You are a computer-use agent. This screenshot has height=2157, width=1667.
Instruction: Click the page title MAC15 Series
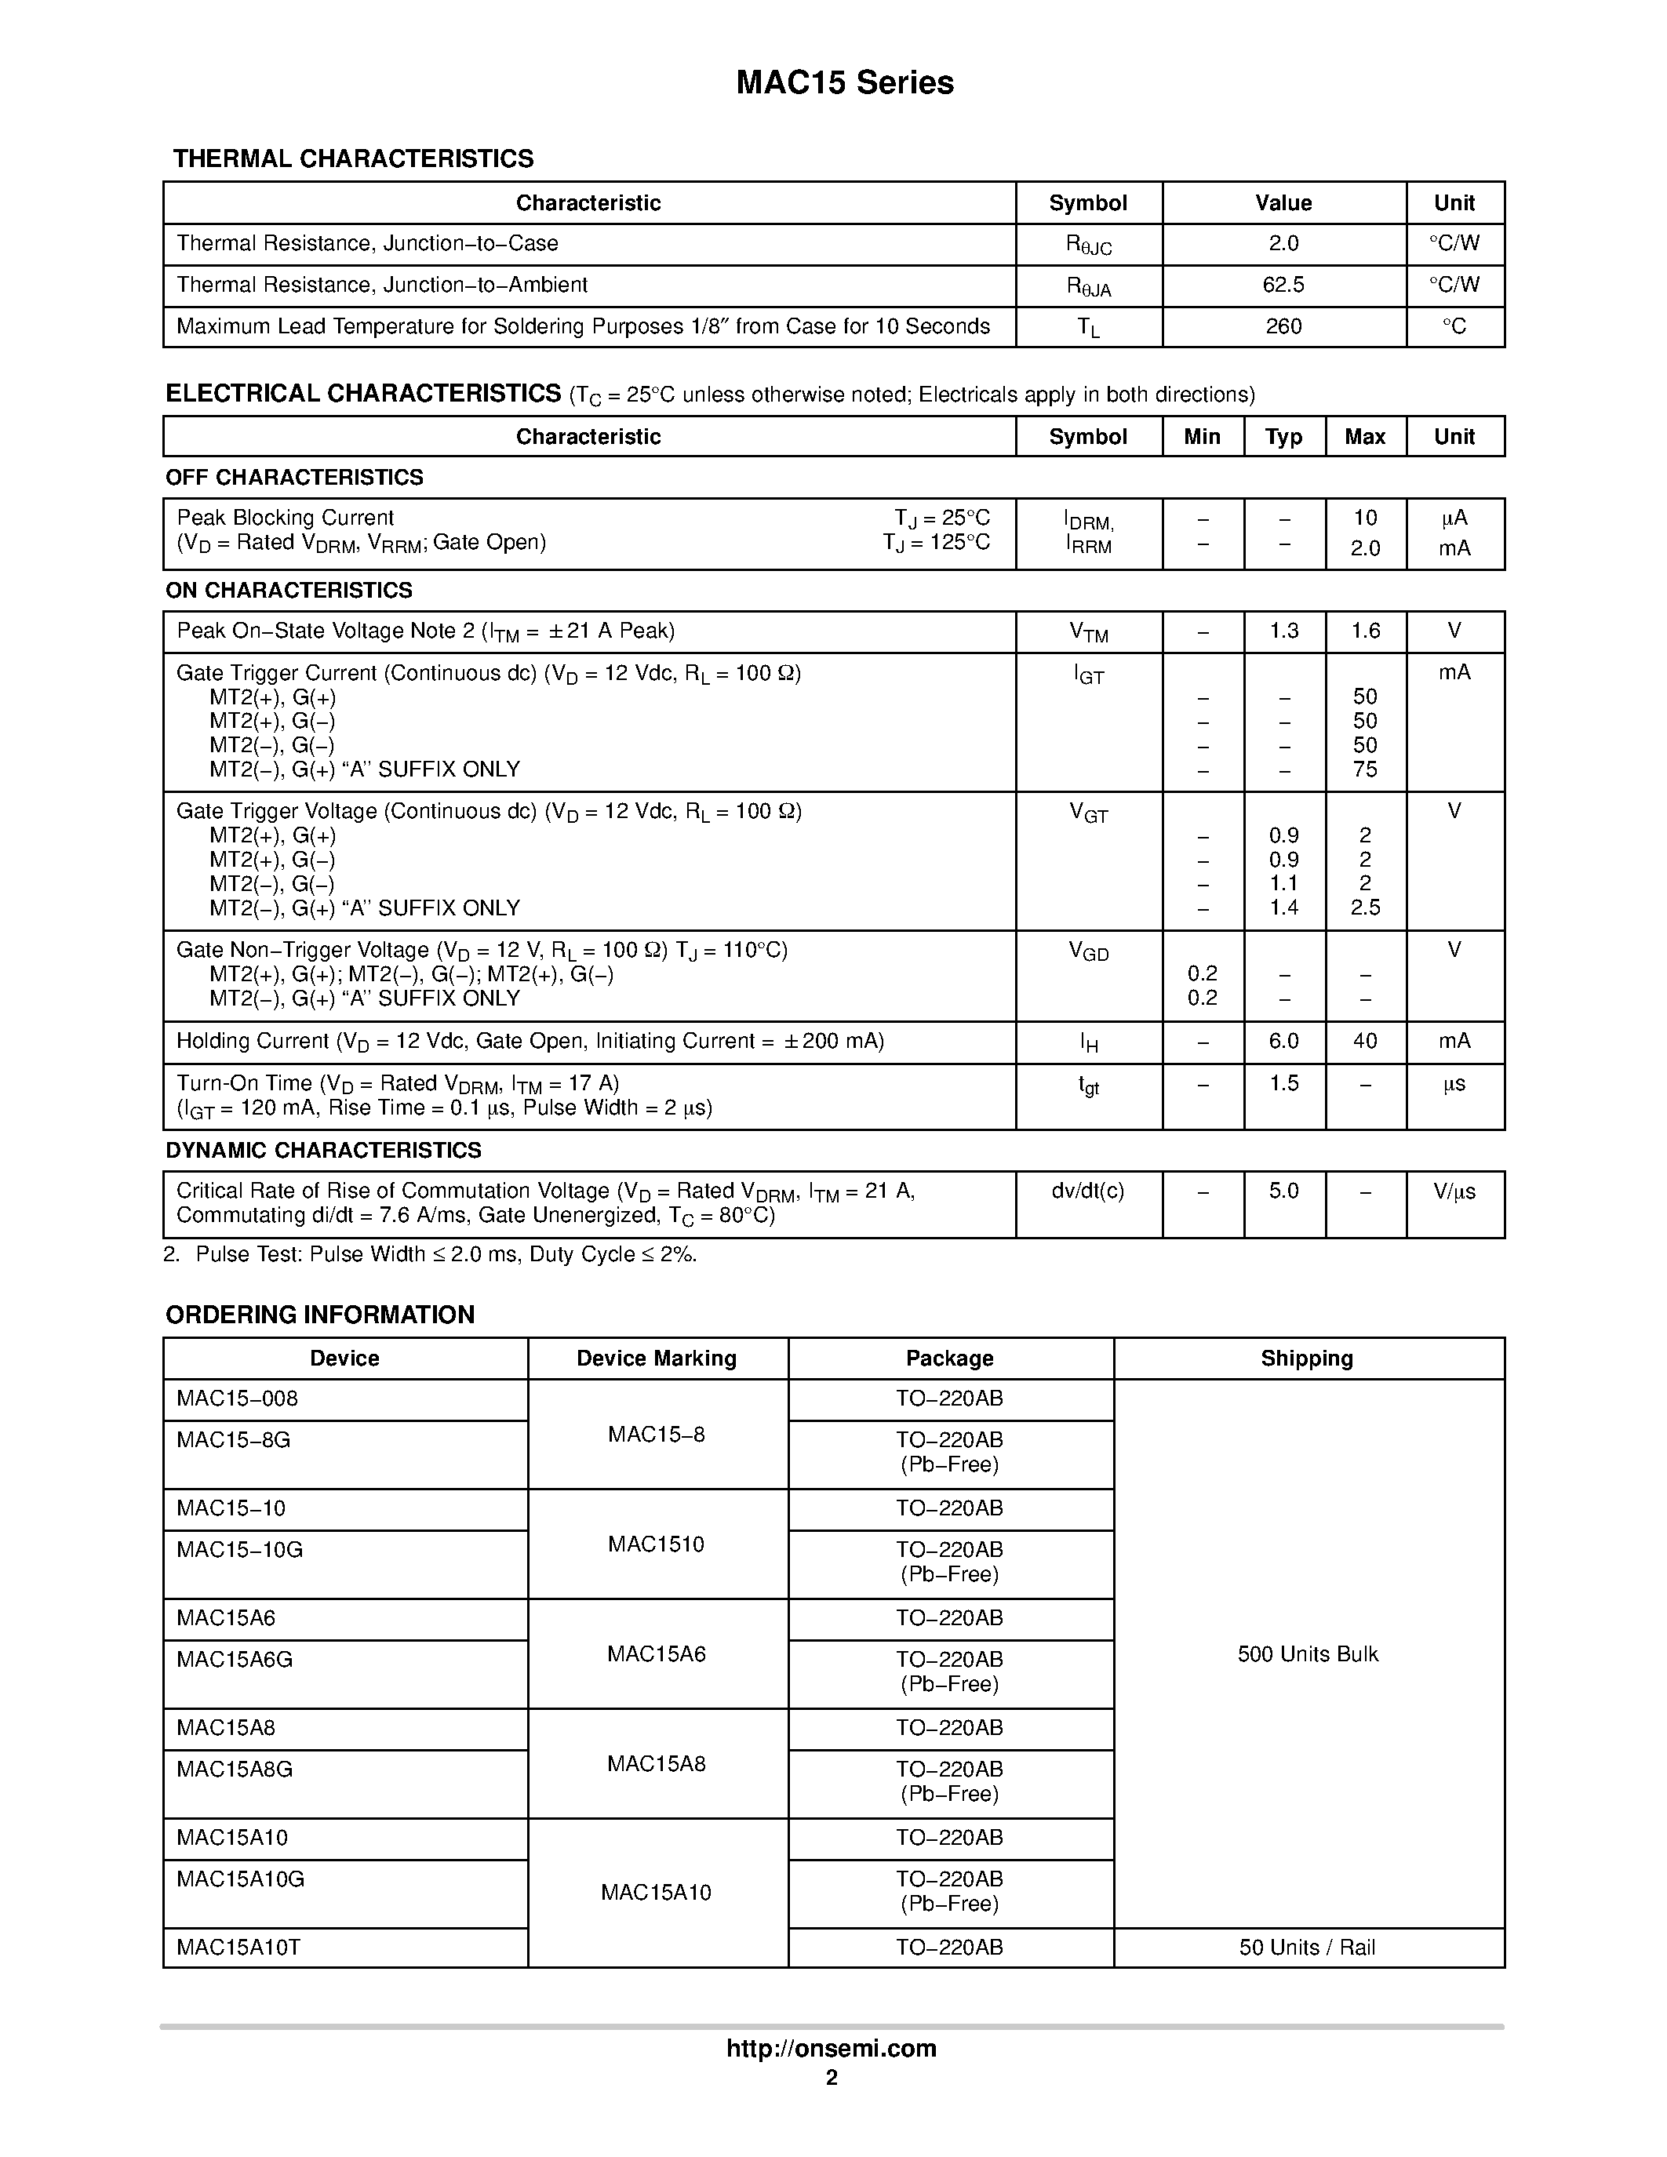pos(844,83)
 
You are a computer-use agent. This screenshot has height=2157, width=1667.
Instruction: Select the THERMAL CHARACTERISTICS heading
pos(352,159)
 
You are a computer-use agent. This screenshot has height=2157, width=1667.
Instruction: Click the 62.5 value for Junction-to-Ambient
pos(1283,286)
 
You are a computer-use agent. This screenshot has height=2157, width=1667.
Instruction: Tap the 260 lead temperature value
pos(1283,327)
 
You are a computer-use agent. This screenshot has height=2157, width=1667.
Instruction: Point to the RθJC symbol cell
pos(1088,245)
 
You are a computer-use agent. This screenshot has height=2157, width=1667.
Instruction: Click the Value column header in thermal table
pos(1283,203)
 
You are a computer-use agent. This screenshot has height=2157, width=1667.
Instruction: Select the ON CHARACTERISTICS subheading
pos(289,591)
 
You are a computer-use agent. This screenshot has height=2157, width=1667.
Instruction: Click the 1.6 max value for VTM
pos(1365,631)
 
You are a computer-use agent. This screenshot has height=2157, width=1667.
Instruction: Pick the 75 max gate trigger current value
pos(1365,769)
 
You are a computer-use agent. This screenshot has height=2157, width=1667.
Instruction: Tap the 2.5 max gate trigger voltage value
pos(1365,908)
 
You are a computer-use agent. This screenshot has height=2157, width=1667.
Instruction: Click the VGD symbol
pos(1088,951)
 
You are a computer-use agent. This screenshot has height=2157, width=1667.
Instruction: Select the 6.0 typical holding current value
pos(1283,1041)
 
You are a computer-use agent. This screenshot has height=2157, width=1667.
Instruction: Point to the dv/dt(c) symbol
pos(1087,1191)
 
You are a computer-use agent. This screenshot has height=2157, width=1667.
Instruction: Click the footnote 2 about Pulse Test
pos(431,1254)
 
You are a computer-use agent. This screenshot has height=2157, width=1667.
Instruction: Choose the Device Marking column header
pos(657,1359)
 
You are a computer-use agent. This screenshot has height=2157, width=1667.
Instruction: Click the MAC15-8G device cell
pos(234,1440)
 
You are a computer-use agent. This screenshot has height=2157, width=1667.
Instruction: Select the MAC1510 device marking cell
pos(657,1544)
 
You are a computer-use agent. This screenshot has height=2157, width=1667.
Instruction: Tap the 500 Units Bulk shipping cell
pos(1308,1654)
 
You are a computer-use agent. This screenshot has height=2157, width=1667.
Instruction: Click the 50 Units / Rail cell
pos(1308,1948)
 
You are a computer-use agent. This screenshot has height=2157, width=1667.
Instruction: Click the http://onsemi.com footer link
pos(832,2048)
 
